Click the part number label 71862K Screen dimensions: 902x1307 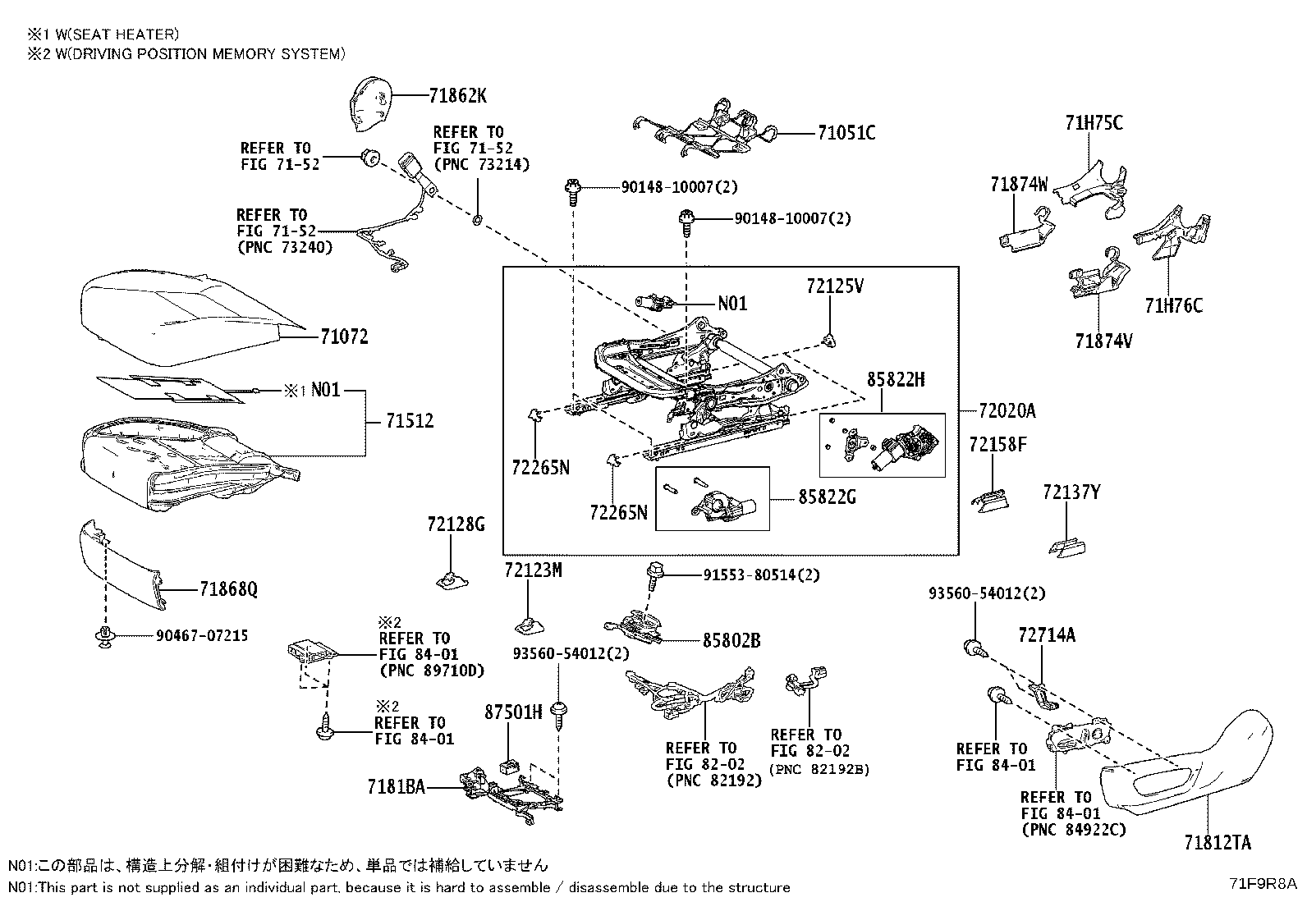[x=457, y=96]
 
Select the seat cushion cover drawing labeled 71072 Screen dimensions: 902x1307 [x=181, y=312]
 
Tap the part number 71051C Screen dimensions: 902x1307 [x=846, y=133]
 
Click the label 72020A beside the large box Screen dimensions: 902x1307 [x=1007, y=410]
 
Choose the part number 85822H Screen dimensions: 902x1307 [x=896, y=379]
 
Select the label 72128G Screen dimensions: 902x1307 [x=456, y=524]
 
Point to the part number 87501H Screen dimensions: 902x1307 [x=513, y=712]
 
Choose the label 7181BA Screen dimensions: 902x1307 [x=397, y=787]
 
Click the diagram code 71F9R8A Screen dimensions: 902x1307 [x=1262, y=884]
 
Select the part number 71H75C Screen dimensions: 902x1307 [x=1094, y=123]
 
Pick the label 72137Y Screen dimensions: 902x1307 [x=1071, y=492]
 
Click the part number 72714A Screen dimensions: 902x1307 [x=1046, y=634]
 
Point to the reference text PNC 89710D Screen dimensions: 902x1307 [x=432, y=670]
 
